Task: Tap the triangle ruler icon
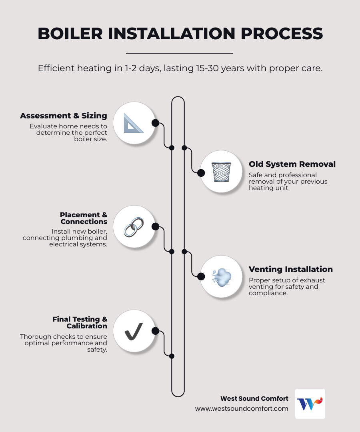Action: point(133,123)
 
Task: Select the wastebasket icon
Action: point(221,172)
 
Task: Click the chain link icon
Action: point(133,227)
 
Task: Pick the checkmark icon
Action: point(133,331)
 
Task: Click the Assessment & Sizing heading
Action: point(64,116)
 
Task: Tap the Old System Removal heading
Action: point(292,164)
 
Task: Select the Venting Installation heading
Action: point(290,269)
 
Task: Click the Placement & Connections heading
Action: point(84,218)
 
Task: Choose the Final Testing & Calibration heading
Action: point(80,322)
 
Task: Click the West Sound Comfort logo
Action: point(310,404)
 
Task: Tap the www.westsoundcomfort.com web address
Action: point(242,408)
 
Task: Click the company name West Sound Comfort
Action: point(254,398)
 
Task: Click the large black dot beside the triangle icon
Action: point(155,123)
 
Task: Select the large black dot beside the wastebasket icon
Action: point(201,173)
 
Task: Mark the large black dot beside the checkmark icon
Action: point(155,331)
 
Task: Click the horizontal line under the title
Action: point(179,53)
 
